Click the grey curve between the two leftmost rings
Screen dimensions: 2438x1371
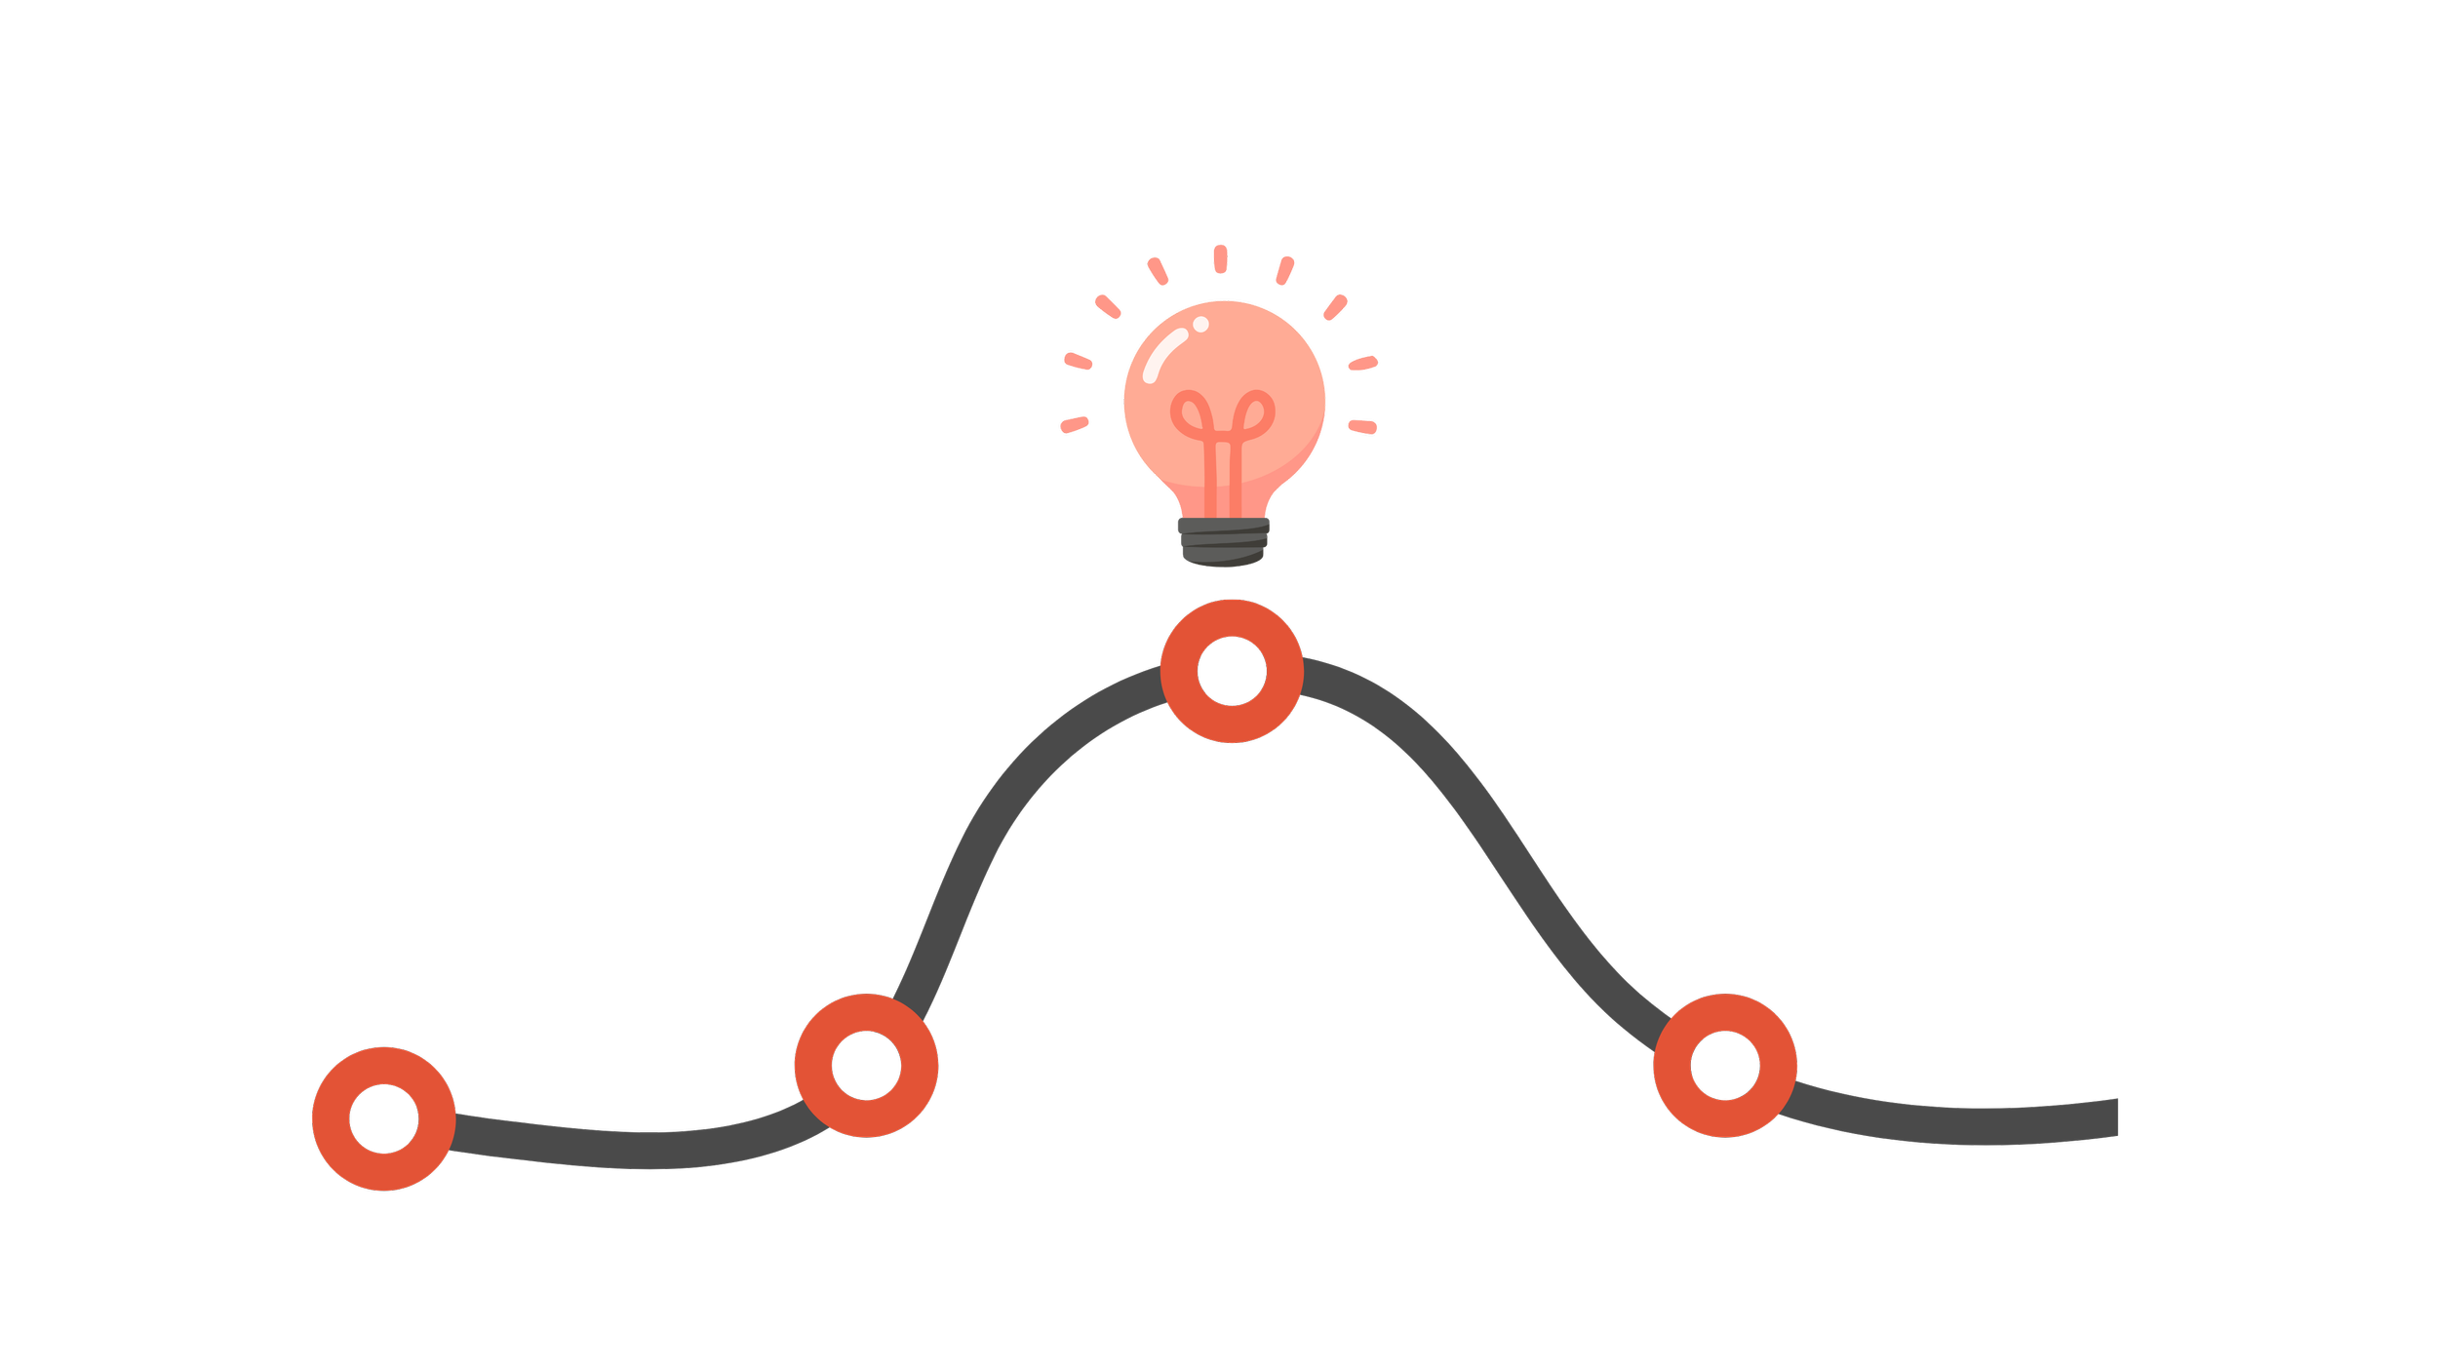click(634, 1149)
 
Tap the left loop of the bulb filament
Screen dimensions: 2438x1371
click(1191, 413)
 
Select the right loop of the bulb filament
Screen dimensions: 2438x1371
click(1255, 413)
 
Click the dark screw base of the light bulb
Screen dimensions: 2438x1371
click(1224, 540)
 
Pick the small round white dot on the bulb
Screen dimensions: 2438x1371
click(1201, 324)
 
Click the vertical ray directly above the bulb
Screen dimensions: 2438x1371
click(1220, 258)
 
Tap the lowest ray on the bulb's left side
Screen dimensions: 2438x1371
click(1075, 425)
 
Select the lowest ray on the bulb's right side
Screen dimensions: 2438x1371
click(1362, 426)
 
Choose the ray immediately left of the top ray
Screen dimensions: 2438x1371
click(1158, 270)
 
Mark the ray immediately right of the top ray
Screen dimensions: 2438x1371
click(1284, 271)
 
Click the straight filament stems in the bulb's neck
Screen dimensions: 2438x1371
click(1223, 478)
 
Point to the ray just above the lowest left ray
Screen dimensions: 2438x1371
click(1078, 361)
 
